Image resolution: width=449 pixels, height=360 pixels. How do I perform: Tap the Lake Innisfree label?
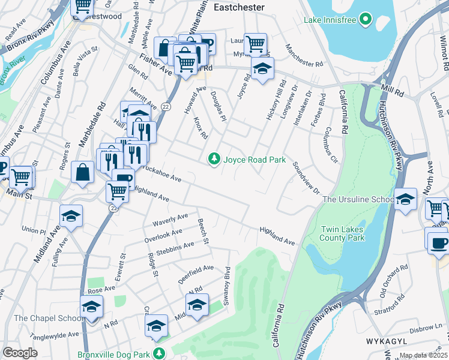(x=330, y=20)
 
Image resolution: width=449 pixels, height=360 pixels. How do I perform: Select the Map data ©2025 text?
(x=424, y=356)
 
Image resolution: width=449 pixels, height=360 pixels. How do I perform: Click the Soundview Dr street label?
(x=306, y=177)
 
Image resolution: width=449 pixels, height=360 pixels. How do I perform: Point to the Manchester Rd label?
(x=304, y=56)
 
